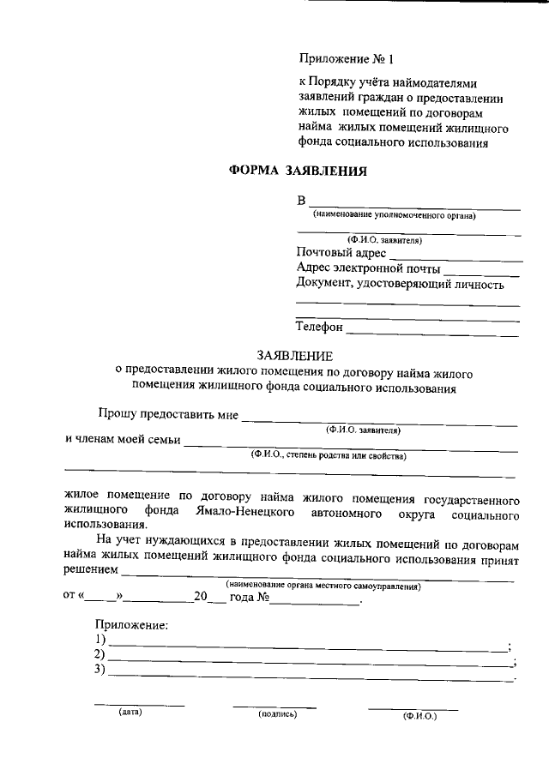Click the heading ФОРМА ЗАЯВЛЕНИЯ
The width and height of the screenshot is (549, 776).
point(298,171)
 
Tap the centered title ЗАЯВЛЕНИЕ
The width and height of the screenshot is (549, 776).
point(295,355)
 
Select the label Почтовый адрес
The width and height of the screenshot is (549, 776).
point(341,254)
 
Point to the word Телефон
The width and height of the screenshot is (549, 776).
point(319,328)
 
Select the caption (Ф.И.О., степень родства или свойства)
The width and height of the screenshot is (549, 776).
point(329,455)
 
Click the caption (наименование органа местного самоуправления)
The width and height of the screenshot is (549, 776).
point(323,587)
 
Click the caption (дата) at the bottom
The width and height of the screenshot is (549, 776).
point(130,712)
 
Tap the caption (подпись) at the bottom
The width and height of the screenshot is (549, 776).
point(276,713)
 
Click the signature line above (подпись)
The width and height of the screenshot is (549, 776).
point(274,707)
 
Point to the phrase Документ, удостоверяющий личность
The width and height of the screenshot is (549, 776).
point(399,284)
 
